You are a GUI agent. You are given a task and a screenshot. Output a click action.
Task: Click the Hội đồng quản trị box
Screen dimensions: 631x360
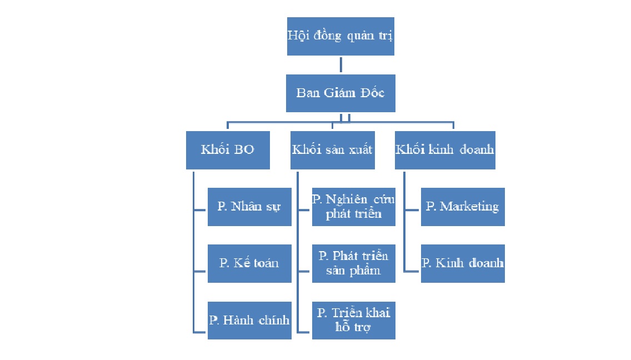coord(340,36)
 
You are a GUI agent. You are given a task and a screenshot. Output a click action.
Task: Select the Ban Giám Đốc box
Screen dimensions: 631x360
coord(340,93)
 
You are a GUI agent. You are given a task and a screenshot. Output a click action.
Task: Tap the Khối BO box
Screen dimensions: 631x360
coord(228,150)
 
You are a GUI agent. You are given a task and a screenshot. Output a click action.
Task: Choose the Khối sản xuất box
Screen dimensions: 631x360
coord(332,150)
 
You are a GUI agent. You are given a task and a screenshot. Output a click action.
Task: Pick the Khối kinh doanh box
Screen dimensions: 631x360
coord(445,150)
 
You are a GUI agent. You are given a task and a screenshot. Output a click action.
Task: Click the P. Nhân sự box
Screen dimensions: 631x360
coord(249,207)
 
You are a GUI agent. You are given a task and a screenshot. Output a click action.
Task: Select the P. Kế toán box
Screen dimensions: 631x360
coord(249,263)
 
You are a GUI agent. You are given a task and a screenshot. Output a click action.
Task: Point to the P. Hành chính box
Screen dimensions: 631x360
coord(249,320)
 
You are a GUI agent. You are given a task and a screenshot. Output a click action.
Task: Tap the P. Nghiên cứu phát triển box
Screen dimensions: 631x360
coord(354,207)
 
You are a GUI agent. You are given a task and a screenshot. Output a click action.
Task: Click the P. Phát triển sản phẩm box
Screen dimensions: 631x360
coord(354,263)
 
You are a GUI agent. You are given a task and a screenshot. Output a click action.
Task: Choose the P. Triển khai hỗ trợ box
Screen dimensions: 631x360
coord(354,320)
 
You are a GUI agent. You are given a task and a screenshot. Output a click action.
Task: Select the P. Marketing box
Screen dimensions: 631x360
coord(463,207)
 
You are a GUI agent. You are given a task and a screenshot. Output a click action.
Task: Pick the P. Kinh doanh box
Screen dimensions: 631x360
coord(463,263)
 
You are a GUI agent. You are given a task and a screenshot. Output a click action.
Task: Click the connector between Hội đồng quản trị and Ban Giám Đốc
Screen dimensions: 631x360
coord(341,65)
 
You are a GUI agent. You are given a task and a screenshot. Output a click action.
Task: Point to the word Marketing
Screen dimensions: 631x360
coord(469,207)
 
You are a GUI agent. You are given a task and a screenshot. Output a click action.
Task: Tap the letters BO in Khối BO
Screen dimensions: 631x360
coord(244,149)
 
